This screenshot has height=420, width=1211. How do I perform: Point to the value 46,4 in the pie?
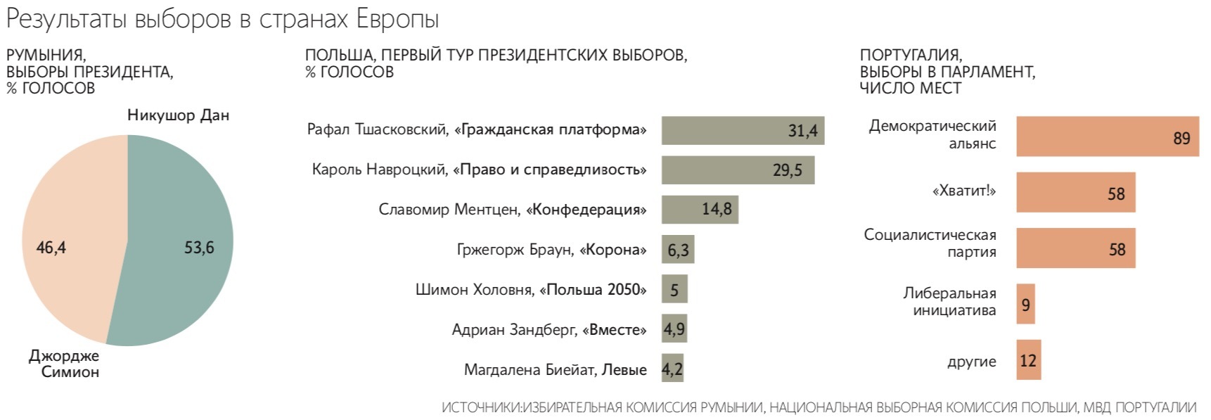click(51, 248)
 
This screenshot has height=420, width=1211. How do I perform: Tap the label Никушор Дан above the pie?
click(178, 115)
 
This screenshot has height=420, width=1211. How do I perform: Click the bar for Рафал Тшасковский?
click(742, 130)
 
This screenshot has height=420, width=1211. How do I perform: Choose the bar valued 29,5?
click(737, 170)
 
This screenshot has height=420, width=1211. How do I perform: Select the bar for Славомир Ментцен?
click(699, 210)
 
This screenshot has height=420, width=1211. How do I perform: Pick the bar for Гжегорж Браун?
click(677, 250)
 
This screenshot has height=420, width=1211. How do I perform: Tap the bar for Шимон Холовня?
click(674, 290)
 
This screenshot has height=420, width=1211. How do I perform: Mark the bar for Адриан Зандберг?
click(674, 329)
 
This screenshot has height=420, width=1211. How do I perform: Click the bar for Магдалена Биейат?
click(672, 369)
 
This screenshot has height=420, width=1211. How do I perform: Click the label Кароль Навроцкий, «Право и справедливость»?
click(479, 170)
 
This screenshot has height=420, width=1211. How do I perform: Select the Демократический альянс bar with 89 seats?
click(1107, 136)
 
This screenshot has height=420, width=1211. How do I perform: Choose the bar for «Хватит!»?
click(1075, 193)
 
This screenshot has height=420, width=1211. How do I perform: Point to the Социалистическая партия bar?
click(1075, 248)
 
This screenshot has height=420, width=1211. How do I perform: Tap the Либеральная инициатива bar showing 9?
click(1025, 305)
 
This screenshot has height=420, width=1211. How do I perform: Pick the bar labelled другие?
click(1028, 360)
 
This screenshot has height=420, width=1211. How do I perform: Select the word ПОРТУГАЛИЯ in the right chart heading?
click(910, 55)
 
